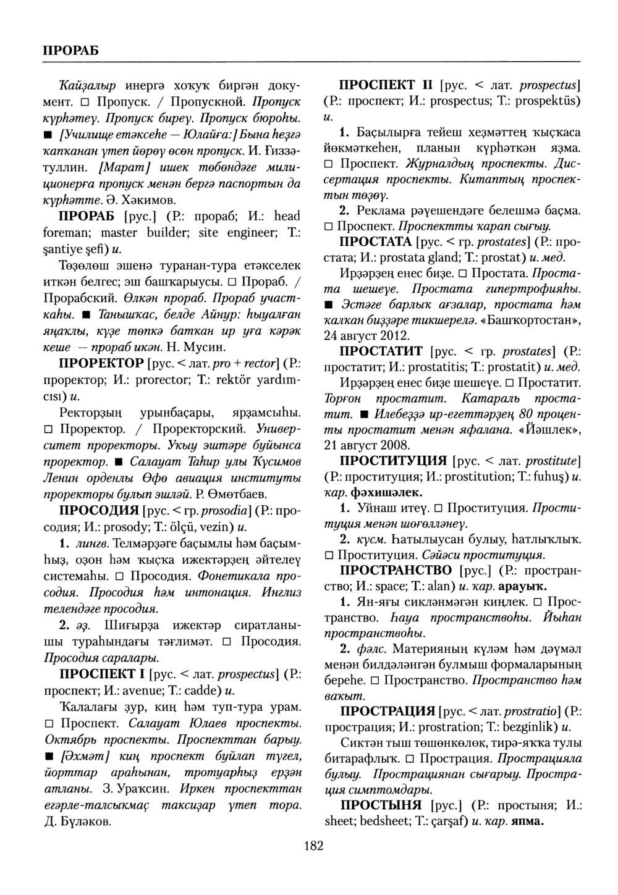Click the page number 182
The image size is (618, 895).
pos(313,846)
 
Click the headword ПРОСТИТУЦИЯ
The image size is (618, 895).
pos(394,461)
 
